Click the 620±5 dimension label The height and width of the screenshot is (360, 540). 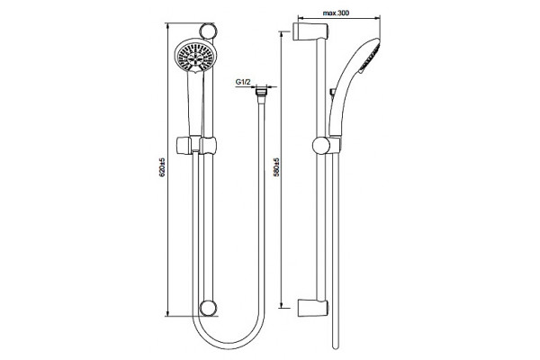(x=162, y=167)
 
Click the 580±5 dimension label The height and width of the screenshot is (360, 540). (x=276, y=167)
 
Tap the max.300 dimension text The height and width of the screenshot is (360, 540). (x=336, y=13)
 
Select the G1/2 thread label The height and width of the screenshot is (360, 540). (x=243, y=82)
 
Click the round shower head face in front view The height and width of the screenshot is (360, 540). (x=194, y=56)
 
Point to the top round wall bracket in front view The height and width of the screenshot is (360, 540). (x=209, y=31)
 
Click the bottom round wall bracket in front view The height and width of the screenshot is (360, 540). (x=209, y=308)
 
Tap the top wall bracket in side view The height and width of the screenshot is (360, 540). (x=310, y=32)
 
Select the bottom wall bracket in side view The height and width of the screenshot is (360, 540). (x=312, y=308)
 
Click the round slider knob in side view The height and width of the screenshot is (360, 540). (x=321, y=146)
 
